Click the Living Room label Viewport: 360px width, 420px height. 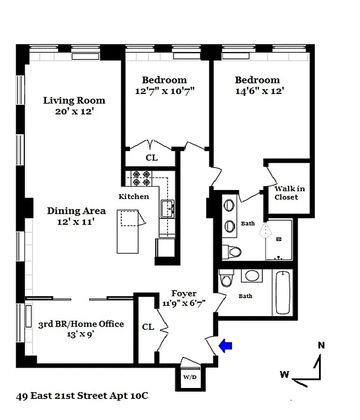[x=74, y=100]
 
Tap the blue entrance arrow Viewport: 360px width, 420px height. [x=225, y=345]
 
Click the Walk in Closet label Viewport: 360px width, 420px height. [x=289, y=193]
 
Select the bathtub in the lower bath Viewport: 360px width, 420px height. [x=282, y=293]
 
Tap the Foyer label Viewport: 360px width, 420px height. [x=184, y=293]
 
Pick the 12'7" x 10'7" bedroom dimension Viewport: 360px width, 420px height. [x=164, y=90]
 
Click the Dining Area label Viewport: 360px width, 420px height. [x=77, y=211]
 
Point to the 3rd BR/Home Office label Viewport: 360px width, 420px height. [x=81, y=324]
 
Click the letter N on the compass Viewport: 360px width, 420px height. [x=321, y=345]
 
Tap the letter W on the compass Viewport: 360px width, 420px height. [x=284, y=374]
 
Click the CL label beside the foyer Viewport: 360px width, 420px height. [x=148, y=327]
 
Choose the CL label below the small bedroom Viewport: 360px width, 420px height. [x=151, y=157]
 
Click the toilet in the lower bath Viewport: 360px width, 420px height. [x=227, y=279]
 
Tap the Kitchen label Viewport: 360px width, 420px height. [x=133, y=196]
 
